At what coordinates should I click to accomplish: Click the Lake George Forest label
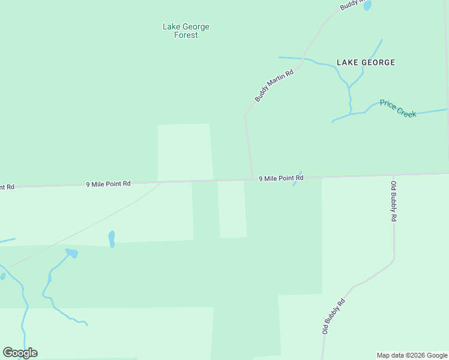[186, 31]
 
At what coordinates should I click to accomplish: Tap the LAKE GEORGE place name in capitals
[366, 62]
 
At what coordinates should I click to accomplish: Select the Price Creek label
[397, 109]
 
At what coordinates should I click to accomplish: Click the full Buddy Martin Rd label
[274, 85]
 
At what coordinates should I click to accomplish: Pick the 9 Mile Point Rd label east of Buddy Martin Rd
[281, 178]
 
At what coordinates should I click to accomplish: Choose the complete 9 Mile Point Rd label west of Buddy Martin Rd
[108, 184]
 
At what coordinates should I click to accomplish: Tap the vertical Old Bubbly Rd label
[393, 202]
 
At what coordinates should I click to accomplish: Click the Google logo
[20, 353]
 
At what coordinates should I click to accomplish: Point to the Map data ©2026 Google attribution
[412, 355]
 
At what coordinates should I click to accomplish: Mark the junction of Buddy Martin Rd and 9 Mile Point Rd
[252, 179]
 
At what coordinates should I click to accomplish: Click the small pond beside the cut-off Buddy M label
[367, 5]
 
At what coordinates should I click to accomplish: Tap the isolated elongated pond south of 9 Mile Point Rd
[112, 239]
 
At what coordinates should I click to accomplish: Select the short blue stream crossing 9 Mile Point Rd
[297, 179]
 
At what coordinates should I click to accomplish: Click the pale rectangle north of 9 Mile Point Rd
[184, 152]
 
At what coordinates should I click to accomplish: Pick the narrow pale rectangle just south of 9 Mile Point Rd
[232, 209]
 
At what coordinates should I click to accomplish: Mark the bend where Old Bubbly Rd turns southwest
[393, 260]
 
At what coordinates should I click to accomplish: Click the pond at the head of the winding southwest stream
[72, 253]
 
